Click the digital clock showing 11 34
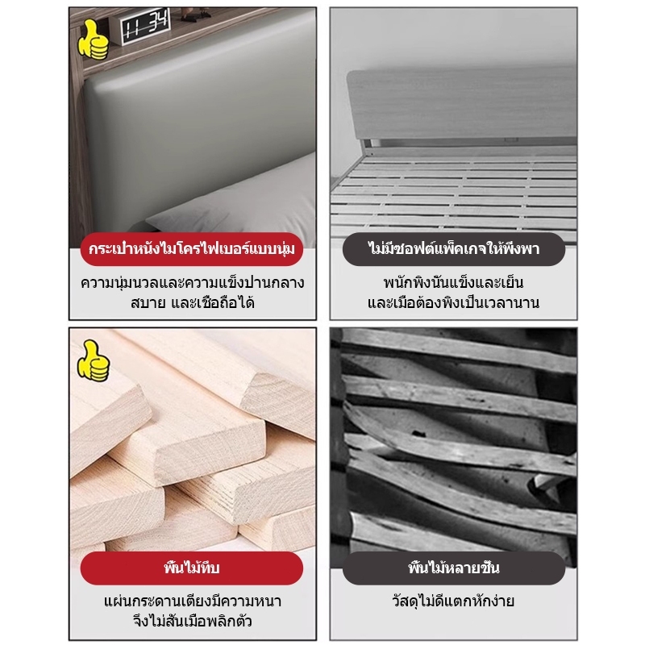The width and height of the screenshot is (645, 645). pyautogui.click(x=145, y=26)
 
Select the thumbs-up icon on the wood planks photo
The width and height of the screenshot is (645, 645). pyautogui.click(x=94, y=361)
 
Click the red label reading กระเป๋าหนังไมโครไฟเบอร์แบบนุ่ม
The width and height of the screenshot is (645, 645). pyautogui.click(x=192, y=249)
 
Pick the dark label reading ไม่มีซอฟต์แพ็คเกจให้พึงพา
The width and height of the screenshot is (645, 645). pyautogui.click(x=454, y=249)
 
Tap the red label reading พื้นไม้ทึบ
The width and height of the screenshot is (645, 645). pyautogui.click(x=192, y=568)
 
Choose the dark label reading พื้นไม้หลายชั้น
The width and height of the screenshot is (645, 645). pyautogui.click(x=454, y=568)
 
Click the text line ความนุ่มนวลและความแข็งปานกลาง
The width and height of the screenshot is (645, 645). pyautogui.click(x=193, y=283)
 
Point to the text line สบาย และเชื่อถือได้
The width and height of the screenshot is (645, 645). pyautogui.click(x=193, y=303)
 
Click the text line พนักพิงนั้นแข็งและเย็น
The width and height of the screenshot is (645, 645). pyautogui.click(x=454, y=283)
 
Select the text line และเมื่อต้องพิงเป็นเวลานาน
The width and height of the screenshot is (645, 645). pyautogui.click(x=454, y=303)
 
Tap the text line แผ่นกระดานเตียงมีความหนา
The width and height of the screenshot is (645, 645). pyautogui.click(x=193, y=601)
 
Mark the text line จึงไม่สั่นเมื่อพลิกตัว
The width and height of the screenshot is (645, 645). pyautogui.click(x=193, y=621)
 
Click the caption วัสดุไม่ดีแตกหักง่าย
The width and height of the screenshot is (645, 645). pyautogui.click(x=454, y=601)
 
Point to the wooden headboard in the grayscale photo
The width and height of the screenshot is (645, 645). pyautogui.click(x=461, y=108)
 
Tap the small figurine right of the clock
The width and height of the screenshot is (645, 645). pyautogui.click(x=193, y=15)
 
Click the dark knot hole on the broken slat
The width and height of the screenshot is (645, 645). pyautogui.click(x=418, y=434)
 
